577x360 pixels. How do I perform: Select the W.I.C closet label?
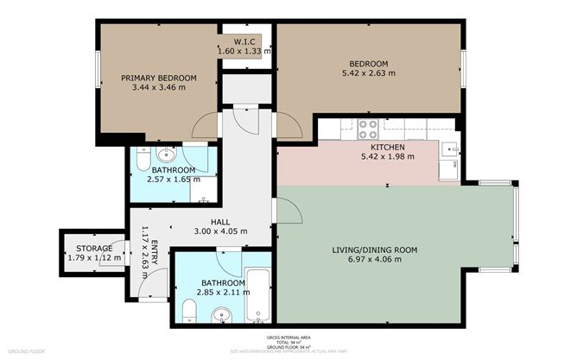click(x=244, y=41)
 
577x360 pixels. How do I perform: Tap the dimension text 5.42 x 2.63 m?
click(x=368, y=74)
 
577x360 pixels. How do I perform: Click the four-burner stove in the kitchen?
click(x=367, y=129)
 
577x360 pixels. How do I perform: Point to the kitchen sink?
click(x=447, y=150)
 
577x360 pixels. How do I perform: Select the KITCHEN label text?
click(x=376, y=148)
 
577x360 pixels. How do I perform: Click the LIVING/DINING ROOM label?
click(x=374, y=250)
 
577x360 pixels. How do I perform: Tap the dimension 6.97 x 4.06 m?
click(x=374, y=261)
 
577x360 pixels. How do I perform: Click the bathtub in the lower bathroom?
click(x=259, y=293)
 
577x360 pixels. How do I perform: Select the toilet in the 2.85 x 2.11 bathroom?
click(x=190, y=311)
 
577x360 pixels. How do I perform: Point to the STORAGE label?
click(x=91, y=249)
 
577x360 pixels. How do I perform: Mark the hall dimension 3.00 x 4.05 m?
click(x=219, y=231)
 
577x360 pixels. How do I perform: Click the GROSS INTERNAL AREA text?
click(x=288, y=338)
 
